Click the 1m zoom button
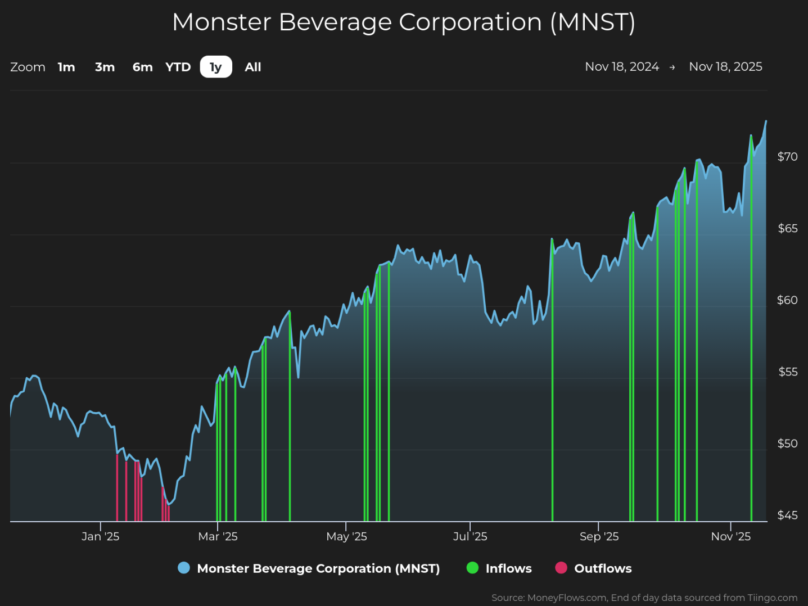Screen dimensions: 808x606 pos(66,67)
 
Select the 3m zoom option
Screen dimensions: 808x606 pos(105,67)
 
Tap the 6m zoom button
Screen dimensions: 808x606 pos(142,67)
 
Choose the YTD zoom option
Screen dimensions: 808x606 pos(178,67)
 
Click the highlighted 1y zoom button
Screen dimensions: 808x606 pos(216,66)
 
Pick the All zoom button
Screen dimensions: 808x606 pos(253,67)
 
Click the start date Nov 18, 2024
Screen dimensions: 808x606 pos(622,66)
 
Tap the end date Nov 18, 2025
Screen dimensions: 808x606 pos(725,66)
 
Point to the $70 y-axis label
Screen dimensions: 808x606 pos(787,157)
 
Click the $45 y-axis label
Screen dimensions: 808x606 pos(787,515)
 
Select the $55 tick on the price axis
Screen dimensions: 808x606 pos(788,372)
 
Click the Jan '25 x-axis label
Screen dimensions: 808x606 pos(101,536)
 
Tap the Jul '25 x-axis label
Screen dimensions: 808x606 pos(470,536)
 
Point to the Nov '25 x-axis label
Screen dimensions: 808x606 pos(731,536)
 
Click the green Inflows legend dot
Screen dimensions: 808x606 pos(472,568)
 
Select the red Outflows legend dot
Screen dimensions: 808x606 pos(561,568)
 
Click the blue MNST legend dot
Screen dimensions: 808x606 pos(184,568)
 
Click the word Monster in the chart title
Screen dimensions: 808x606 pos(222,22)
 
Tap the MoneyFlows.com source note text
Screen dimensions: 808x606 pos(644,598)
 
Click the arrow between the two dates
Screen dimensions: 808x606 pos(672,67)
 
